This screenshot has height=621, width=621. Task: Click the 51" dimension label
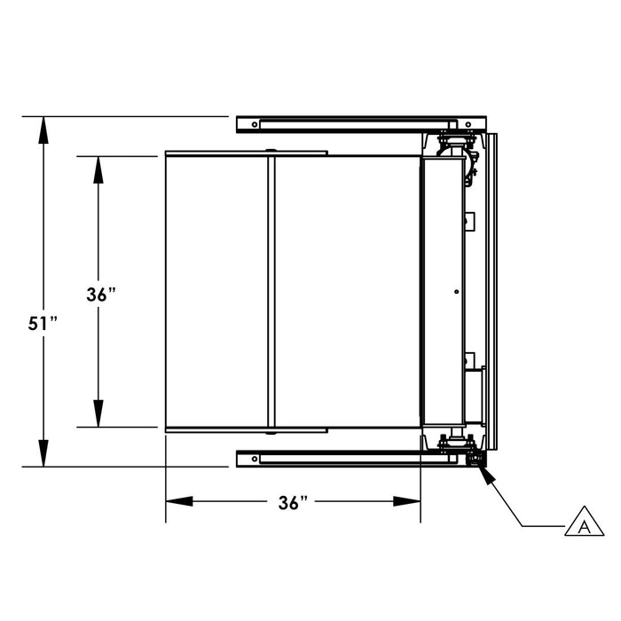click(x=43, y=323)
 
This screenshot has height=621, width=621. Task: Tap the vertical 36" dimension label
click(x=101, y=295)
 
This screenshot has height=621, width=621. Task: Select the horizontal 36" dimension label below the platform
click(x=293, y=503)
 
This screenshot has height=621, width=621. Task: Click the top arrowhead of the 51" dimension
click(x=43, y=130)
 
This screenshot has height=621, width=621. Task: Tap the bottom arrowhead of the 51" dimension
click(x=43, y=453)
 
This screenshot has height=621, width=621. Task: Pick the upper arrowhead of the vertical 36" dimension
click(x=98, y=170)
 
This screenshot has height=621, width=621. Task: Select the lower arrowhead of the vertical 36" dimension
click(x=98, y=413)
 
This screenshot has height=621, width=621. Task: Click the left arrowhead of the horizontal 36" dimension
click(x=179, y=501)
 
